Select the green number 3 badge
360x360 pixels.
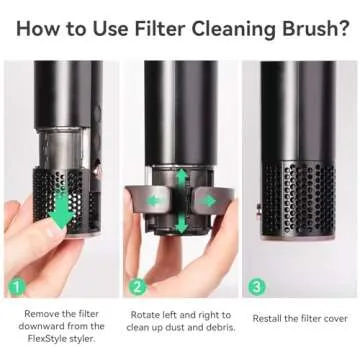[258, 285]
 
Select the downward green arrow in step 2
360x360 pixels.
[181, 226]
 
